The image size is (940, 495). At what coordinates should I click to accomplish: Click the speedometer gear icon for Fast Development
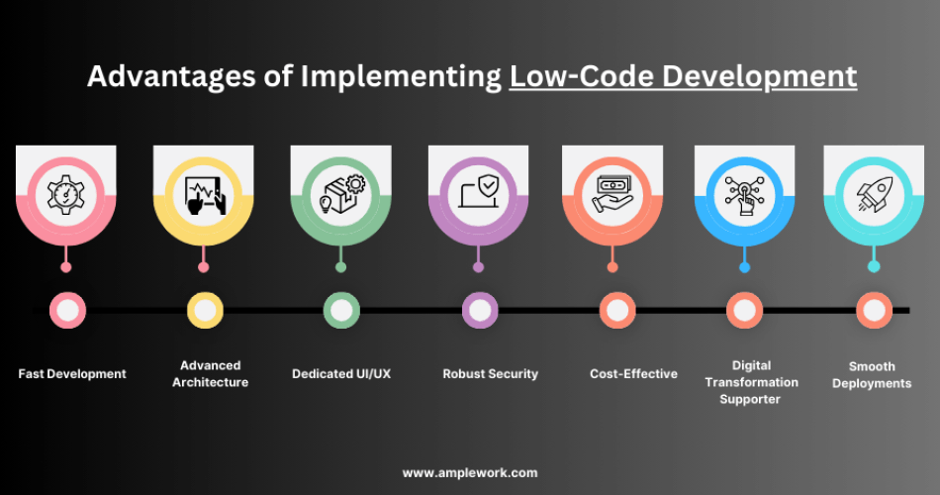pyautogui.click(x=66, y=194)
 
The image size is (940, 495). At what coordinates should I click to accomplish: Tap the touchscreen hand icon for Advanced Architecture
pyautogui.click(x=204, y=194)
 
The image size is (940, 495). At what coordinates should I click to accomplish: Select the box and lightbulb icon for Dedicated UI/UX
pyautogui.click(x=341, y=194)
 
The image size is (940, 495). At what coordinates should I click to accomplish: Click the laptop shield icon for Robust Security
pyautogui.click(x=479, y=194)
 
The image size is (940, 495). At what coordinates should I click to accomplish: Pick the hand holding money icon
pyautogui.click(x=613, y=194)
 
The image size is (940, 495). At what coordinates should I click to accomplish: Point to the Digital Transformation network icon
pyautogui.click(x=745, y=194)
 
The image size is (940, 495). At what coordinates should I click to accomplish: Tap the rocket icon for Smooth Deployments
pyautogui.click(x=874, y=194)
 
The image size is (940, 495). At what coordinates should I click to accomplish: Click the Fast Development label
pyautogui.click(x=72, y=374)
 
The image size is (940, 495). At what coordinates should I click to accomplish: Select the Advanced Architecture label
pyautogui.click(x=210, y=373)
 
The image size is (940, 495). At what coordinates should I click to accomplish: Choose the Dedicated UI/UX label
pyautogui.click(x=341, y=374)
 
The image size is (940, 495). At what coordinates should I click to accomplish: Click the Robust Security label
pyautogui.click(x=490, y=374)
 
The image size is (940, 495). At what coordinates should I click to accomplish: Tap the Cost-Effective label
pyautogui.click(x=633, y=374)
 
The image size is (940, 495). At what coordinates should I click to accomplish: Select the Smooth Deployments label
pyautogui.click(x=872, y=374)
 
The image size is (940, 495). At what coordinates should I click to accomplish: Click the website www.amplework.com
pyautogui.click(x=470, y=473)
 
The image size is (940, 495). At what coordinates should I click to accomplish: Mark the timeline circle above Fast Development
pyautogui.click(x=67, y=311)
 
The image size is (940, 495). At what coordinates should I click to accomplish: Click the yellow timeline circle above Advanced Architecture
pyautogui.click(x=205, y=311)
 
